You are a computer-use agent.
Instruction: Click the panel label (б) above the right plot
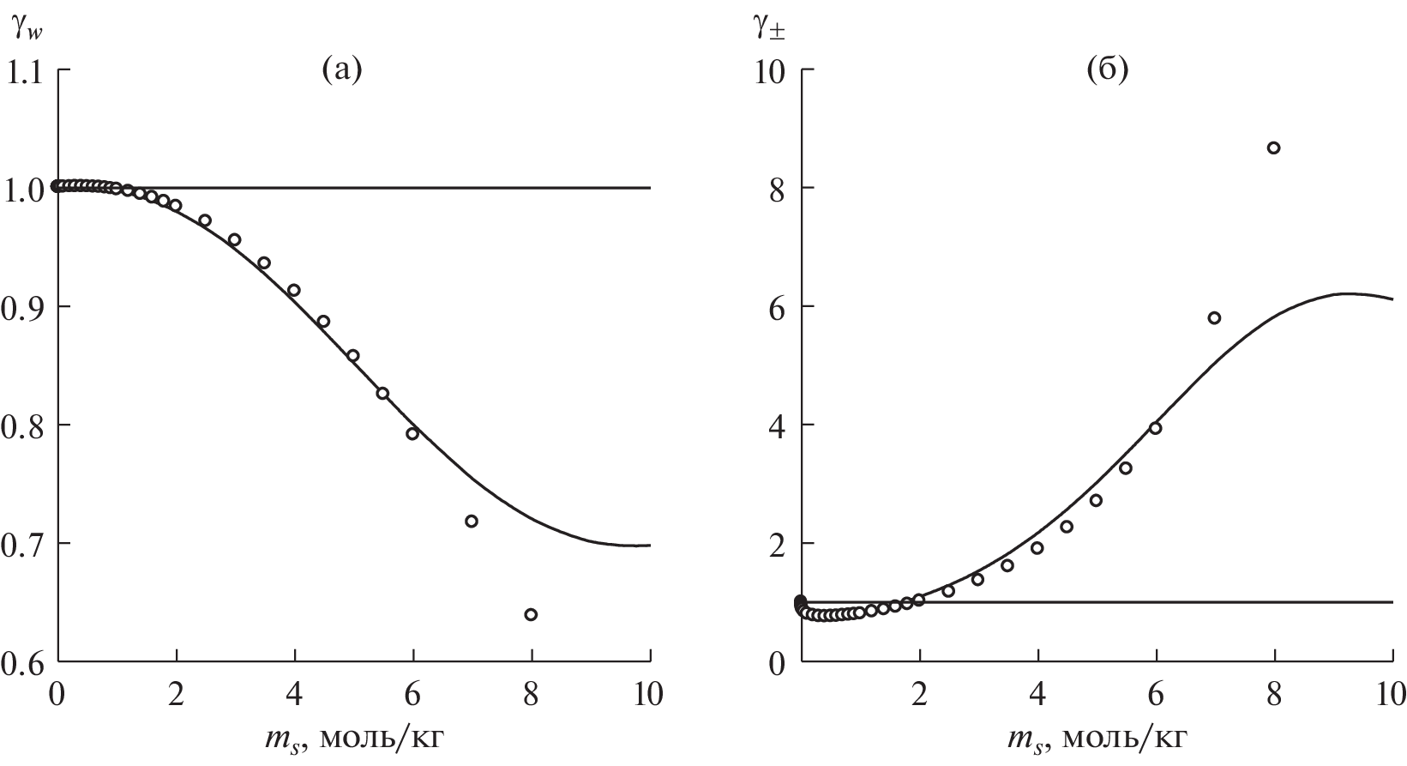coord(1107,69)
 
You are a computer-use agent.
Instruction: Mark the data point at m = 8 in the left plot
coord(531,614)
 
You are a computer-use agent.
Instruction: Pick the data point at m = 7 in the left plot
coord(471,521)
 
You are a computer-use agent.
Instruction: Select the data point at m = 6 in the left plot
coord(412,433)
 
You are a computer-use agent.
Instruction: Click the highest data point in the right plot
coord(1273,148)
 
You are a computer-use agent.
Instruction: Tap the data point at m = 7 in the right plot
coord(1214,317)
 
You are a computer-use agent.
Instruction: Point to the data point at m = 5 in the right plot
coord(1096,500)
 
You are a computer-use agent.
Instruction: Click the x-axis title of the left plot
coord(353,738)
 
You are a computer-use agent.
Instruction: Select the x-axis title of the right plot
coord(1097,738)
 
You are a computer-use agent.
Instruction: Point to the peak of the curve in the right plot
coord(1347,293)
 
